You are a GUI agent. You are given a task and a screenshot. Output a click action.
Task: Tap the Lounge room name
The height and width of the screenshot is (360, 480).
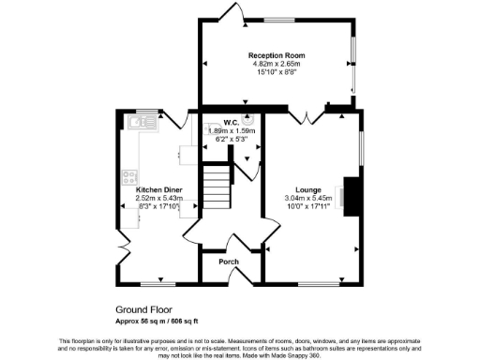(309, 187)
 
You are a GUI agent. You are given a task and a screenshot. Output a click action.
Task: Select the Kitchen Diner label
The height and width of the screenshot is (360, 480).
(157, 189)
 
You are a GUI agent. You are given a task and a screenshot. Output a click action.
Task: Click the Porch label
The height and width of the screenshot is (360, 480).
(229, 262)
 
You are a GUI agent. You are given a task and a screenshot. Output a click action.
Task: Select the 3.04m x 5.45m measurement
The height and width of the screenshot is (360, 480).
(309, 198)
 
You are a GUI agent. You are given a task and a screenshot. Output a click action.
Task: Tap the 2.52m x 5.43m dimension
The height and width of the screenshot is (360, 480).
(157, 199)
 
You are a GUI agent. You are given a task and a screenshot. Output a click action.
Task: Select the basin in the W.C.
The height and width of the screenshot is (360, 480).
(250, 119)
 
